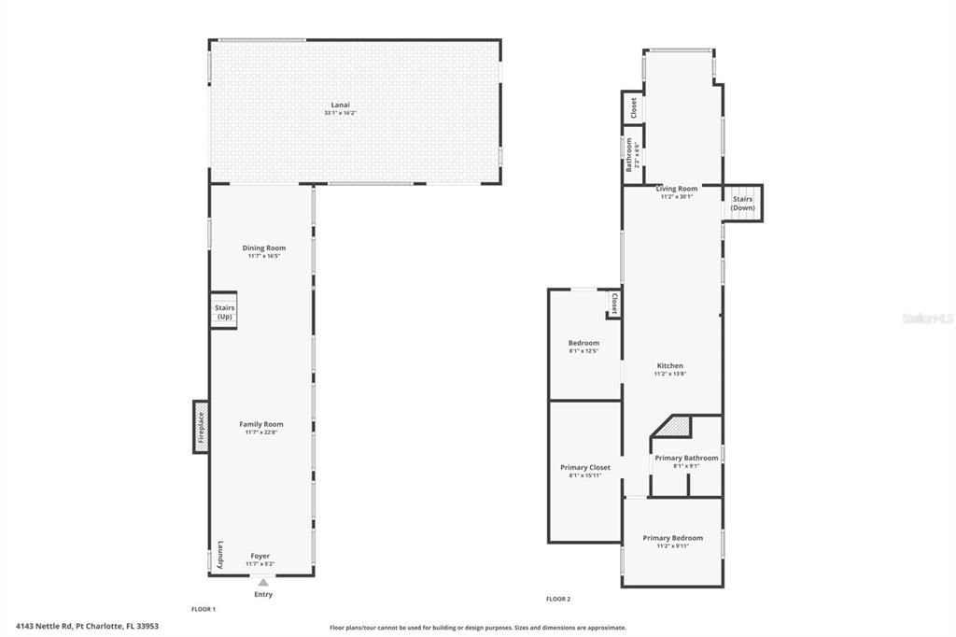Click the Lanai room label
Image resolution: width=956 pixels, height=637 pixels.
pyautogui.click(x=340, y=105)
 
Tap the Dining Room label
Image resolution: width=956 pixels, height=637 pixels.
pyautogui.click(x=263, y=248)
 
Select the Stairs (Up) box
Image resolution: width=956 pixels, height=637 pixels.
pyautogui.click(x=224, y=312)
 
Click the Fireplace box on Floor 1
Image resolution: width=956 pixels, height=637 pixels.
pyautogui.click(x=201, y=427)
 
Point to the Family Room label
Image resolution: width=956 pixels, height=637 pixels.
pyautogui.click(x=260, y=424)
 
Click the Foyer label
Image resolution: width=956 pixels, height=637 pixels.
pyautogui.click(x=260, y=556)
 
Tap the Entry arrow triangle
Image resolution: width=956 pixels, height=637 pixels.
pyautogui.click(x=263, y=582)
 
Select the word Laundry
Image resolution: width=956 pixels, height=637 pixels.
pyautogui.click(x=220, y=555)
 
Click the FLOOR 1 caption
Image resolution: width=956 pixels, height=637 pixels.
pyautogui.click(x=204, y=609)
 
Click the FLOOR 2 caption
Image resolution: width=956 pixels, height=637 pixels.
pyautogui.click(x=558, y=599)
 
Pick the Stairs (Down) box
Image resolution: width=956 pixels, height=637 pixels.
pyautogui.click(x=743, y=203)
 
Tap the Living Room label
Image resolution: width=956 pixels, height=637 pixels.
pyautogui.click(x=676, y=189)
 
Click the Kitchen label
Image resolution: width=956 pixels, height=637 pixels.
pyautogui.click(x=669, y=365)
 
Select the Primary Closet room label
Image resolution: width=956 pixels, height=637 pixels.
pyautogui.click(x=585, y=467)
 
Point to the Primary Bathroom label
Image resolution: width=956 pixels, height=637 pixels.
pyautogui.click(x=686, y=458)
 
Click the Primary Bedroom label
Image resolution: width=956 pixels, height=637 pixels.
pyautogui.click(x=673, y=537)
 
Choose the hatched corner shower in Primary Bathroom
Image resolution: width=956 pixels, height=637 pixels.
pyautogui.click(x=675, y=426)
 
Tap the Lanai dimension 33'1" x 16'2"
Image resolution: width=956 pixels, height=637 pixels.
pyautogui.click(x=340, y=113)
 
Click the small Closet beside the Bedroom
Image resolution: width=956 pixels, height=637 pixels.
pyautogui.click(x=613, y=304)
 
